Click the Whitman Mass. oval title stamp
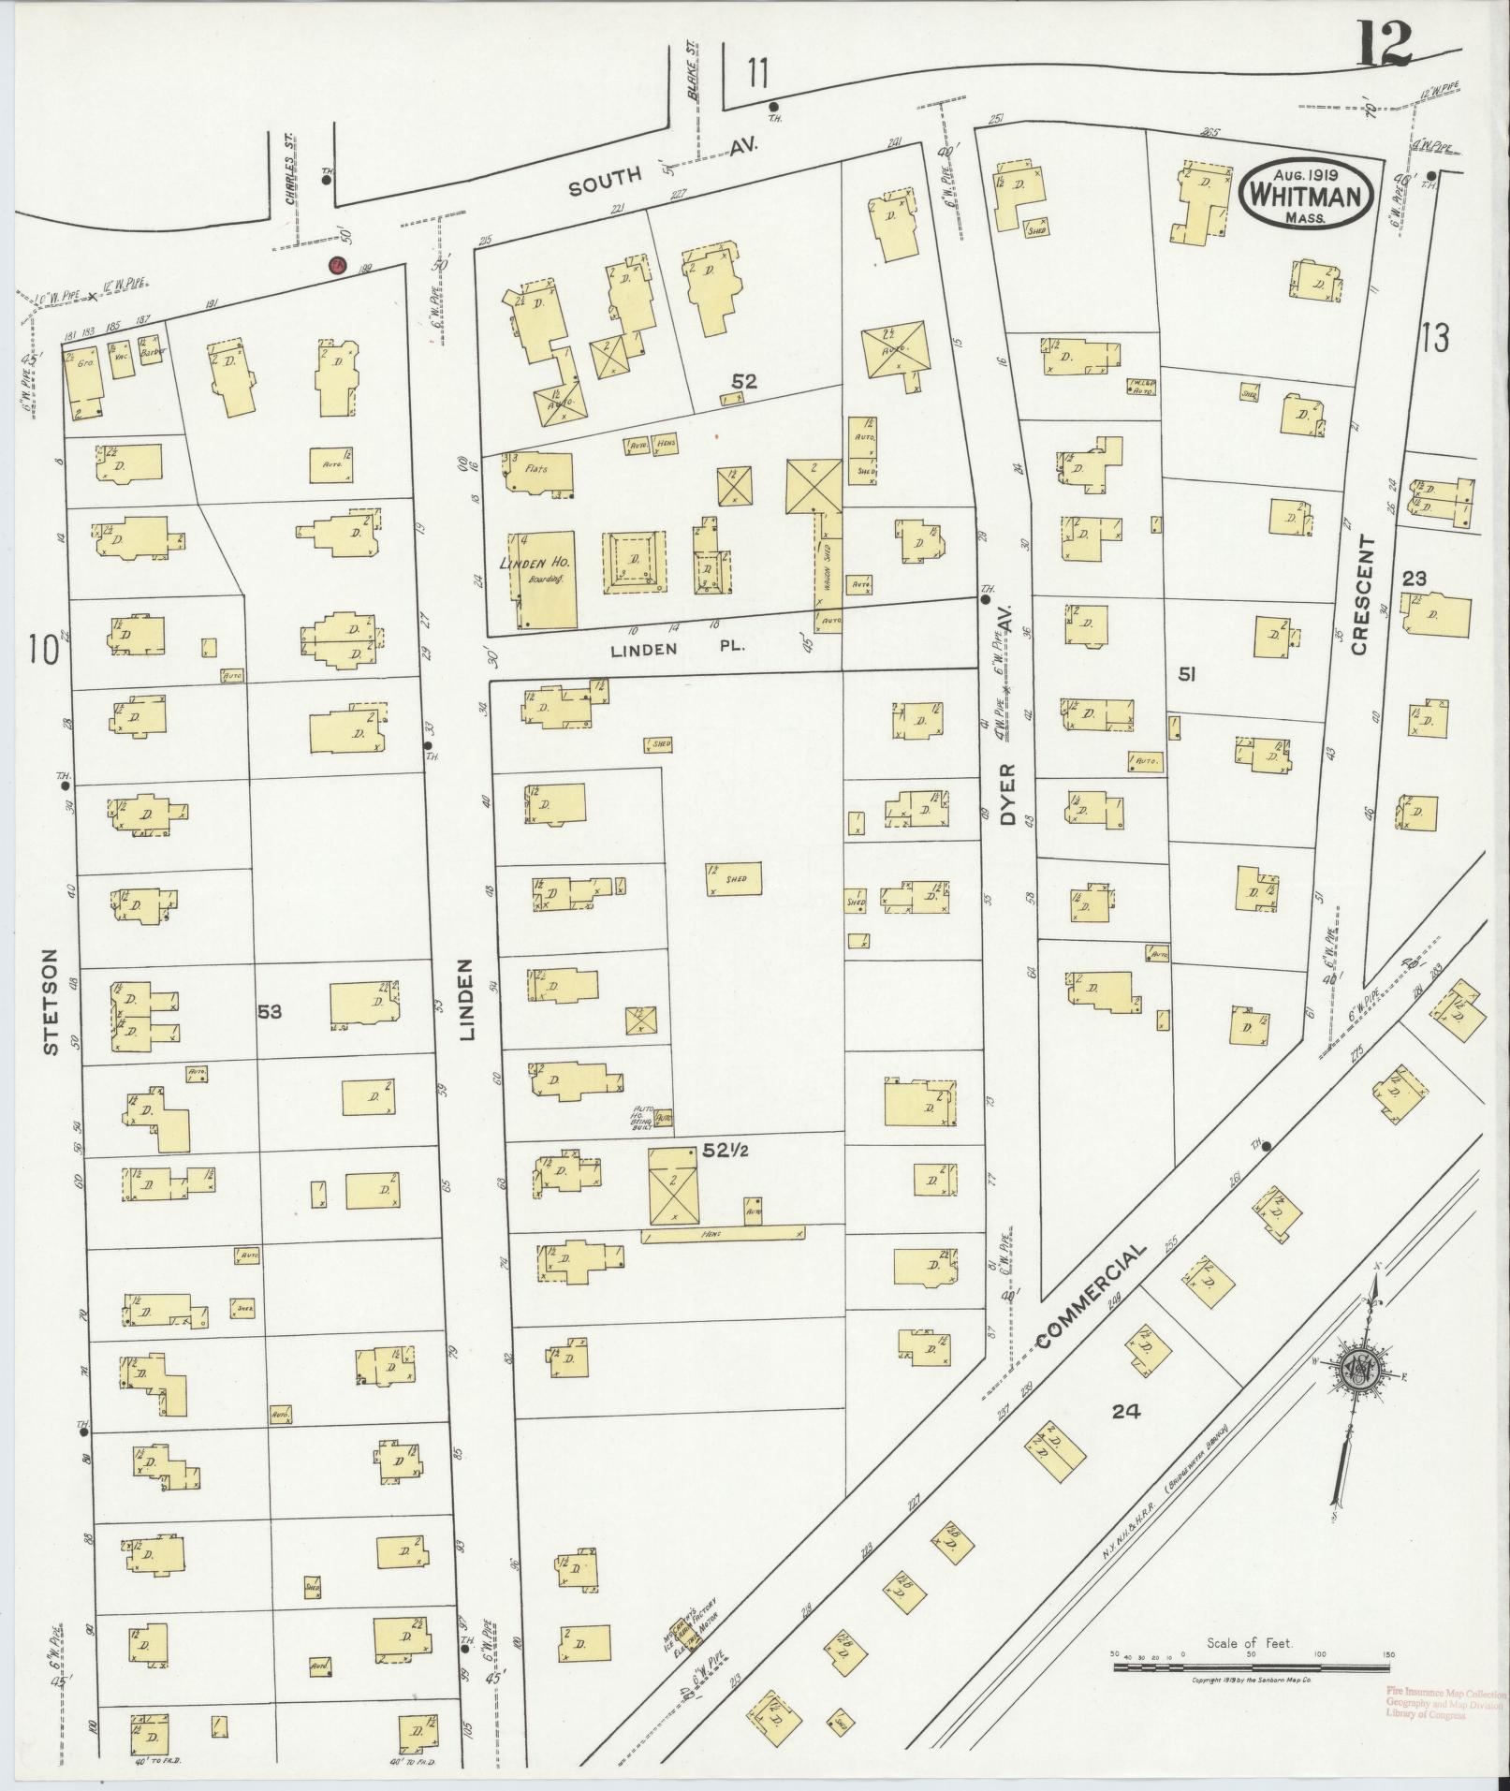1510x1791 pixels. tap(1307, 194)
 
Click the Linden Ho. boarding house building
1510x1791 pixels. tap(543, 579)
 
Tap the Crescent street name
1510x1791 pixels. tap(1360, 595)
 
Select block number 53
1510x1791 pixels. tap(271, 1011)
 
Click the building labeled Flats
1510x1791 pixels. tap(537, 473)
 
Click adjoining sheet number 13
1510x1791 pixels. tap(1435, 338)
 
